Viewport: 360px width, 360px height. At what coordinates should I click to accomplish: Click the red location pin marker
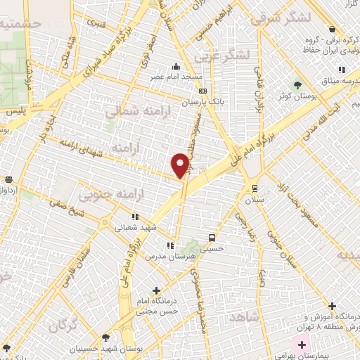click(x=181, y=165)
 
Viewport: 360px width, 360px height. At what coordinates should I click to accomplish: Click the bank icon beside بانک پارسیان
click(x=203, y=91)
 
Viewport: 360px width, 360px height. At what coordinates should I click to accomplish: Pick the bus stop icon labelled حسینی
click(x=212, y=237)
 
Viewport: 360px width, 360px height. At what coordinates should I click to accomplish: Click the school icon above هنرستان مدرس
click(x=169, y=245)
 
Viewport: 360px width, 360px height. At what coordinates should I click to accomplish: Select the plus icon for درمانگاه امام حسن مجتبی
click(x=156, y=290)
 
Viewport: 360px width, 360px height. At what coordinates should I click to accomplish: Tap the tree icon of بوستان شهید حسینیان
click(x=105, y=337)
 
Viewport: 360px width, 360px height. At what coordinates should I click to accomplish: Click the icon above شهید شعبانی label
click(x=135, y=217)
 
